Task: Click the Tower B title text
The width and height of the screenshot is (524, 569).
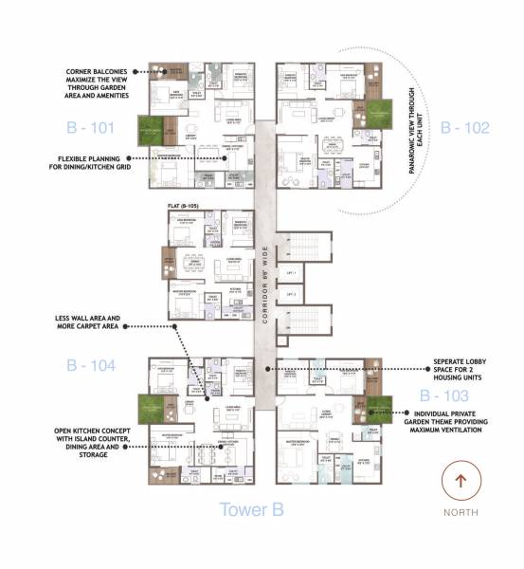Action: point(252,509)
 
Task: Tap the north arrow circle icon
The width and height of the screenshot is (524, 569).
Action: point(461,481)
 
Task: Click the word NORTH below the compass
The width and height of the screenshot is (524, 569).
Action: point(461,512)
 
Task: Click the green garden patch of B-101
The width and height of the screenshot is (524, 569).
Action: point(151,128)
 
